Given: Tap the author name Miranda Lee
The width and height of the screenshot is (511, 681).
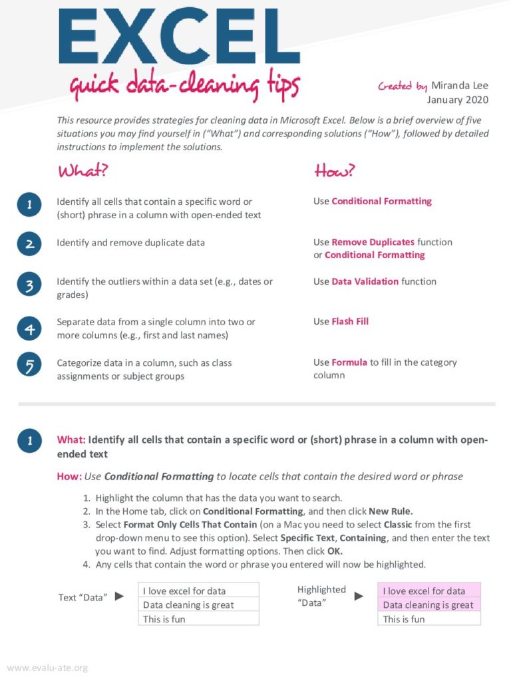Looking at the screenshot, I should (459, 86).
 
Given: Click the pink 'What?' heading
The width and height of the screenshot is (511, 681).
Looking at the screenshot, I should (83, 171).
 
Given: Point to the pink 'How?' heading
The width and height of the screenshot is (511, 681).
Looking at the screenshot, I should (335, 171).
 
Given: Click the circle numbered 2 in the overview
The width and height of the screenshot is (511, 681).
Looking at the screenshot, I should (30, 244).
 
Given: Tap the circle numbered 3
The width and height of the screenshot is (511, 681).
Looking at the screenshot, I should (30, 286).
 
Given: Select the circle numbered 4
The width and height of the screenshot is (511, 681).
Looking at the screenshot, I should (30, 328).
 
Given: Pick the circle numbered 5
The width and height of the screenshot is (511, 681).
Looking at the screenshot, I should (30, 366).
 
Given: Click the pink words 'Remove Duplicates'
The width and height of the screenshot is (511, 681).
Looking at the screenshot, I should (373, 242).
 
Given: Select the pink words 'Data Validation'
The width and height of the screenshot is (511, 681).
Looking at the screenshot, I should (365, 281).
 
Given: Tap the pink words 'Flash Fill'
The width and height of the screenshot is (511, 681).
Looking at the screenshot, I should (350, 321).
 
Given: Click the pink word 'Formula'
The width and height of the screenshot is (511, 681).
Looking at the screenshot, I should (349, 362).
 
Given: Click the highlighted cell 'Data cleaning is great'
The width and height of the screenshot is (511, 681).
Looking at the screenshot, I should (428, 605).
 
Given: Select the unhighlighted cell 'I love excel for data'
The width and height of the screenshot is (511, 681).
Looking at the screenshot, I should (198, 591).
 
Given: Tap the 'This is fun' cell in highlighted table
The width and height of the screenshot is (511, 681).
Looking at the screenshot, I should (428, 619).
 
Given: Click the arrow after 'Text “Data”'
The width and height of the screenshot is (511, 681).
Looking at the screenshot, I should (120, 596).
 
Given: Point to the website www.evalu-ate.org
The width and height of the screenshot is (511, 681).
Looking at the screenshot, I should (47, 668).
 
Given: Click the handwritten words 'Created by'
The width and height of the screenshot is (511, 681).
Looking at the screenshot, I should (403, 86).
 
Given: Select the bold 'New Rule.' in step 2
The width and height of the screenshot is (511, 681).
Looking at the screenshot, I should (391, 511).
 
